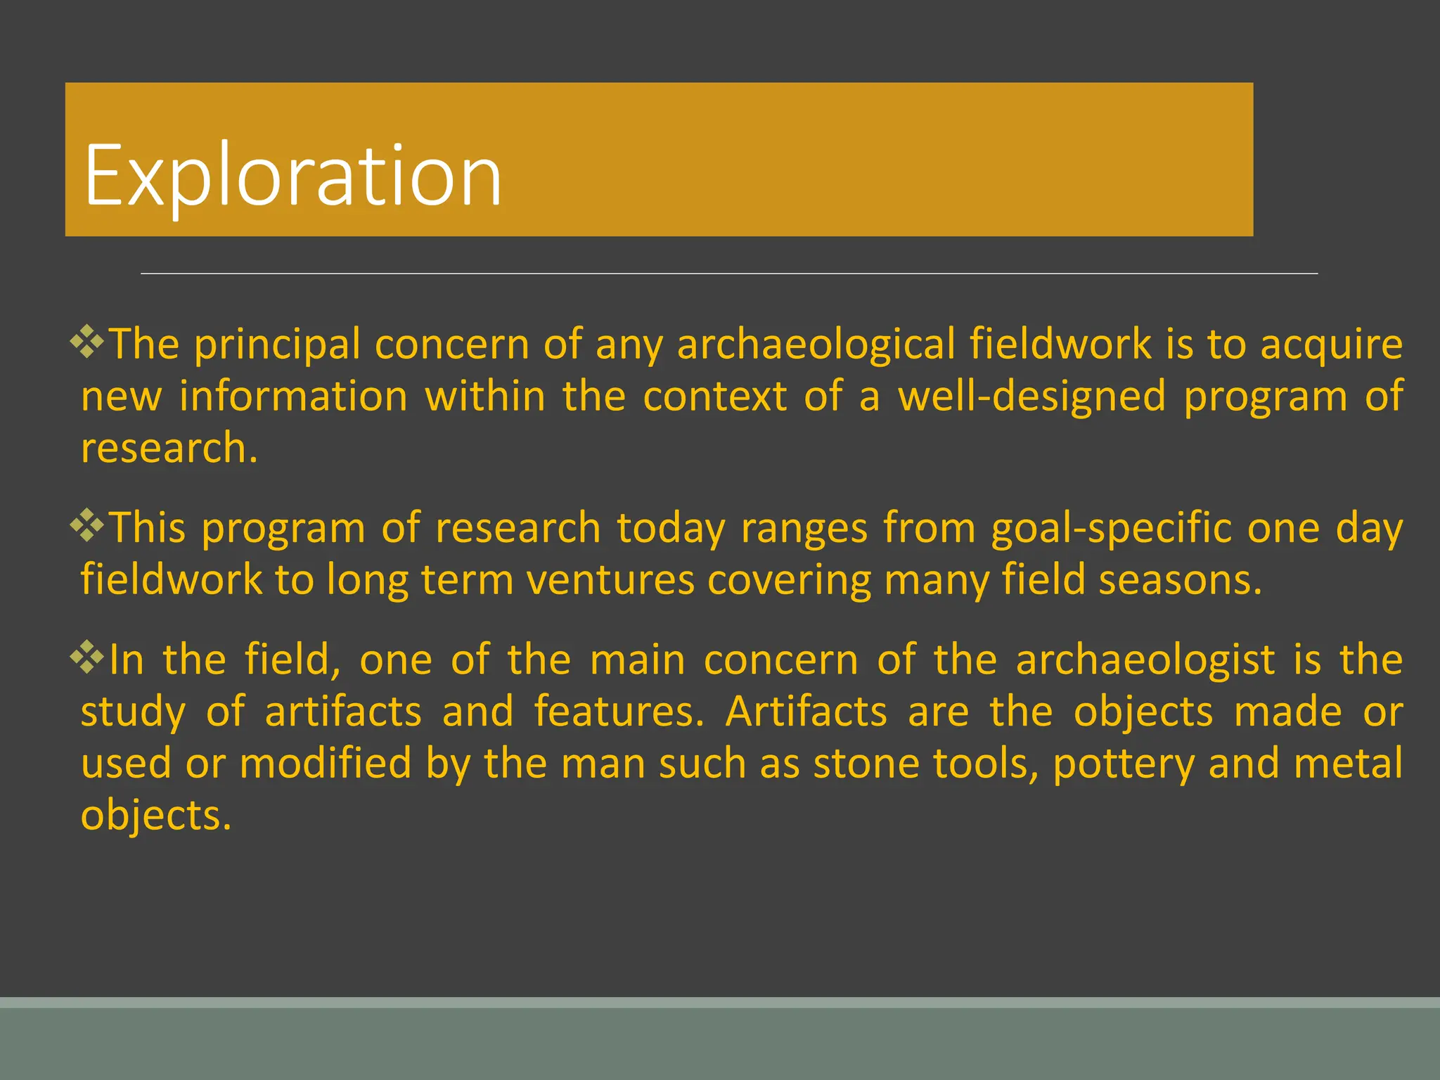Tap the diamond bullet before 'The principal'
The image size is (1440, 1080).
[87, 342]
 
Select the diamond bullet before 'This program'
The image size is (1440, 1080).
[87, 525]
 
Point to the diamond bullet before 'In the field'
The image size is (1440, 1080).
[87, 657]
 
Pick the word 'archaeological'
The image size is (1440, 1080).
[816, 345]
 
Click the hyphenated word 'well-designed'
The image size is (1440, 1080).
[1032, 396]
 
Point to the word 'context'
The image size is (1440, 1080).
[714, 396]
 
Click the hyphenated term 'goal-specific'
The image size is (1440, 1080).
[1111, 528]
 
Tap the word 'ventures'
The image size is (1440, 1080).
[610, 580]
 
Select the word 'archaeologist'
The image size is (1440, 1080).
[1145, 660]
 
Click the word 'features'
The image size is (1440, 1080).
[619, 712]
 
